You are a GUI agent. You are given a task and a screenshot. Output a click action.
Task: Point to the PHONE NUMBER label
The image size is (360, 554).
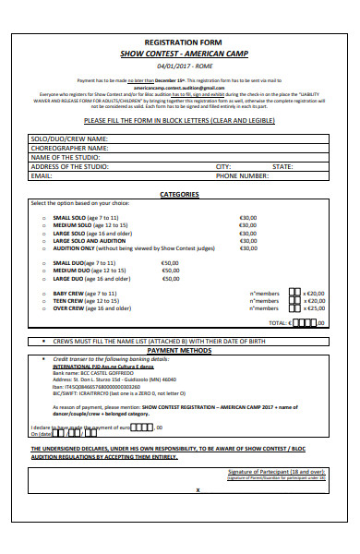click(243, 175)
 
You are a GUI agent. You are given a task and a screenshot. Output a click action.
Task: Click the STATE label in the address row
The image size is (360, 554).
click(282, 165)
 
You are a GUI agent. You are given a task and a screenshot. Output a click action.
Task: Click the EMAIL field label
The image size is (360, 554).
click(42, 175)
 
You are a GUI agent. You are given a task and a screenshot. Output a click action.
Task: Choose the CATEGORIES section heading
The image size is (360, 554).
click(179, 195)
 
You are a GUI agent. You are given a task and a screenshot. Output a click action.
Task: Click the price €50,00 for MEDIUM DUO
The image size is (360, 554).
click(171, 271)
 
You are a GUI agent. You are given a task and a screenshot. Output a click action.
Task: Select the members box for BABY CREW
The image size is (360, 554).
click(284, 293)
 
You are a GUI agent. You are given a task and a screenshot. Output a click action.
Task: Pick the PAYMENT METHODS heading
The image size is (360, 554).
click(179, 351)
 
